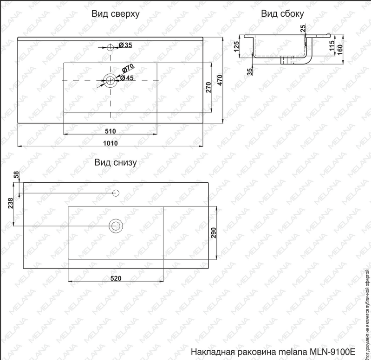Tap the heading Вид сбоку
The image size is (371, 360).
click(x=282, y=14)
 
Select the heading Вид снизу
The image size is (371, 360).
click(x=116, y=162)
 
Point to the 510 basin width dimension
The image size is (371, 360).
click(x=110, y=131)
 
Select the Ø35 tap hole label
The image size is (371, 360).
click(x=125, y=45)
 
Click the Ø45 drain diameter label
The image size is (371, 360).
click(x=127, y=78)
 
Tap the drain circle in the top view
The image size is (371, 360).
click(x=111, y=81)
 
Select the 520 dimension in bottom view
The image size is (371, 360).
click(x=116, y=278)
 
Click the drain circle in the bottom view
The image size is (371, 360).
click(x=115, y=226)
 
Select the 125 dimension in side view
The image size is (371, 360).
click(x=236, y=46)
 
